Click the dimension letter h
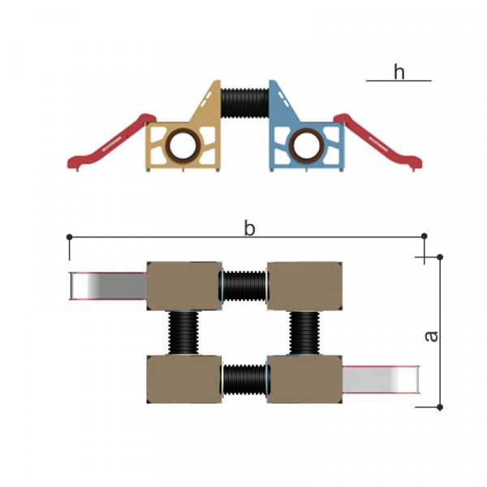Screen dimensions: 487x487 [399, 71]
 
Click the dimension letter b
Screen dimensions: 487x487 [250, 228]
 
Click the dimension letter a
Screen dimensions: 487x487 [432, 337]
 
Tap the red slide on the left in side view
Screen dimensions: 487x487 [112, 141]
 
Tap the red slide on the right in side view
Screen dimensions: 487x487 [378, 141]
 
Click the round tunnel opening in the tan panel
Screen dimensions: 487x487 [183, 145]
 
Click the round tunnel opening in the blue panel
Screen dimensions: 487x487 [307, 145]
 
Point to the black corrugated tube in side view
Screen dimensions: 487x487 [245, 103]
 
